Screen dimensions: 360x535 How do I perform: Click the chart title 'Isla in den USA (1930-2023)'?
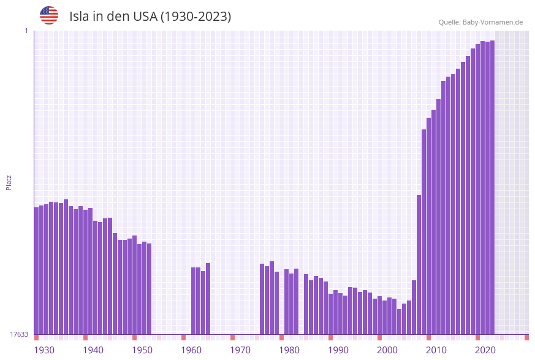pyautogui.click(x=150, y=17)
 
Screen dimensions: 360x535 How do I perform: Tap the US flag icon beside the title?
pyautogui.click(x=49, y=15)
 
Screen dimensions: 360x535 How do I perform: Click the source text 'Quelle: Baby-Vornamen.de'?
pyautogui.click(x=480, y=22)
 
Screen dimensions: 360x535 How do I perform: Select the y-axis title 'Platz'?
pyautogui.click(x=9, y=182)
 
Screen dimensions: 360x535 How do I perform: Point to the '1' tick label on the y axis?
pyautogui.click(x=26, y=31)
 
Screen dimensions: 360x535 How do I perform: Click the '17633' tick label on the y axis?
pyautogui.click(x=19, y=334)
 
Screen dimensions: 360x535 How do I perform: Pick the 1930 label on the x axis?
pyautogui.click(x=44, y=350)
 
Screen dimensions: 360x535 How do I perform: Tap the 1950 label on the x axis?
pyautogui.click(x=142, y=350)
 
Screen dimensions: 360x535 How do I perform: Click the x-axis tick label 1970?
pyautogui.click(x=240, y=350)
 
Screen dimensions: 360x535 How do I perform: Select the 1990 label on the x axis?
pyautogui.click(x=338, y=350)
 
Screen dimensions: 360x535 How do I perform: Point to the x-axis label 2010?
pyautogui.click(x=436, y=350)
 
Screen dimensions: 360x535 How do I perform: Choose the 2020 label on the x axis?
pyautogui.click(x=485, y=350)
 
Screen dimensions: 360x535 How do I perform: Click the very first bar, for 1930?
pyautogui.click(x=36, y=270)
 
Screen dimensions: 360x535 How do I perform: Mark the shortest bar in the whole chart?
pyautogui.click(x=399, y=321)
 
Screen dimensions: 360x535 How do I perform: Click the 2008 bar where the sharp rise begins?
pyautogui.click(x=419, y=264)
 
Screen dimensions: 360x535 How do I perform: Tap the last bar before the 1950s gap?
pyautogui.click(x=149, y=288)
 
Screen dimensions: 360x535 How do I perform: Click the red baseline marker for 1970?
pyautogui.click(x=232, y=337)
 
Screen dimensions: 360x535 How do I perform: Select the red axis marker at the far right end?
pyautogui.click(x=526, y=337)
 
